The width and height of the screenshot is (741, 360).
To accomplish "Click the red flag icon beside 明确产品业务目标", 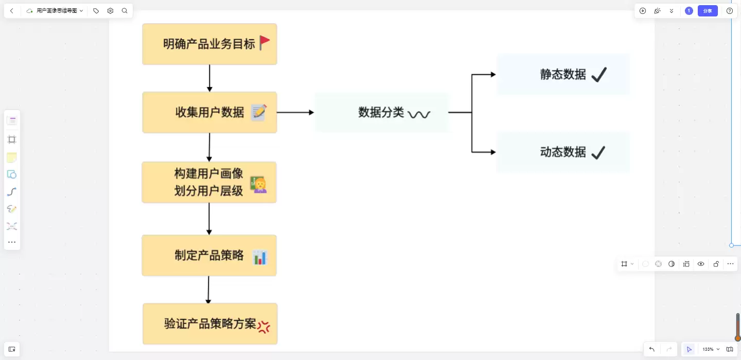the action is click(x=264, y=43).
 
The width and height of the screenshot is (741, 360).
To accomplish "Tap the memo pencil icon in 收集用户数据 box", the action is click(x=259, y=113).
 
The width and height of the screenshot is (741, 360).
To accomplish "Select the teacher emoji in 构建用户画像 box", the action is click(x=259, y=185).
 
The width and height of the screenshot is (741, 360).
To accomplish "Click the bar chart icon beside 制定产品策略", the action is click(x=260, y=258).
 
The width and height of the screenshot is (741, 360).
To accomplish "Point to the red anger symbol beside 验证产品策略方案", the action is click(x=263, y=327).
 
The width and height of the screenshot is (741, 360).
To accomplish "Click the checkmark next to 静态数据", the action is click(x=599, y=75).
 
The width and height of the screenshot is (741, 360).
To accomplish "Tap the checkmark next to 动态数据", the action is click(x=598, y=153).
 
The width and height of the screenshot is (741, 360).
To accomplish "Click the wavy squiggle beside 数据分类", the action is click(x=419, y=114).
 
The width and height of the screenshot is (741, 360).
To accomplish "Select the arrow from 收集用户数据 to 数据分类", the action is click(x=295, y=113).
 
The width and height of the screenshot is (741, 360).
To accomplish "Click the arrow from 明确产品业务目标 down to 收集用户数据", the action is click(x=209, y=78).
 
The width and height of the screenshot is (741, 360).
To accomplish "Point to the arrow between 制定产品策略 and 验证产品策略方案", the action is click(x=208, y=290).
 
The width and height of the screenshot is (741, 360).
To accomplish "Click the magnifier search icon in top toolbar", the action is click(x=125, y=11).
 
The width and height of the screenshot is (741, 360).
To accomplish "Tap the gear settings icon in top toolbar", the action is click(x=110, y=11).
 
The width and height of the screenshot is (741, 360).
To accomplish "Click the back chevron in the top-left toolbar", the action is click(x=12, y=11).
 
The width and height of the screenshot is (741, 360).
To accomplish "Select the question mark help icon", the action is click(x=730, y=11).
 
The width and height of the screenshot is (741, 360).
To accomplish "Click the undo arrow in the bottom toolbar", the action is click(x=651, y=349).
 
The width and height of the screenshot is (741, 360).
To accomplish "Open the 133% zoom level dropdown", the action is click(x=711, y=349).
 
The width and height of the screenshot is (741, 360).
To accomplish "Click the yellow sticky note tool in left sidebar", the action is click(x=12, y=157).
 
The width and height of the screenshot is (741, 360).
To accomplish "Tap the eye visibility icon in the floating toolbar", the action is click(x=701, y=264).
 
